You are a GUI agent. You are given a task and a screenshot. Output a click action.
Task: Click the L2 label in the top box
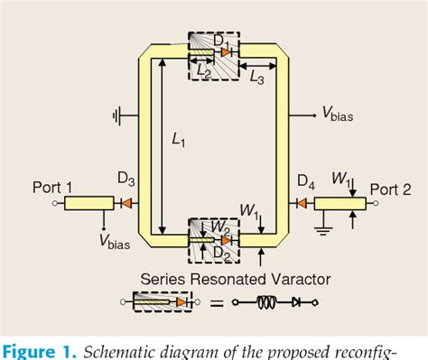click(x=204, y=73)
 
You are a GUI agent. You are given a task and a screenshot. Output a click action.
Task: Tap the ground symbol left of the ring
click(x=119, y=115)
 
